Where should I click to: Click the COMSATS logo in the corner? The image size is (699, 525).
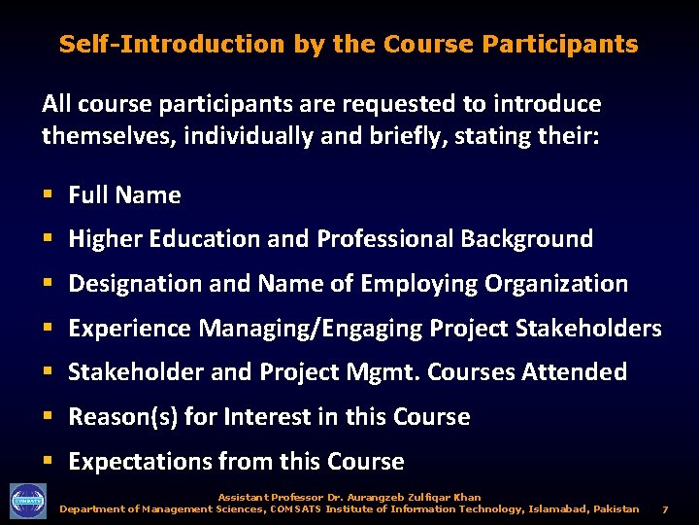(28, 500)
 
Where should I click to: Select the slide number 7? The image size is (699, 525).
(665, 508)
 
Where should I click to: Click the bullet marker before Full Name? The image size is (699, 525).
(48, 195)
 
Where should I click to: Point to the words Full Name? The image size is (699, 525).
(124, 195)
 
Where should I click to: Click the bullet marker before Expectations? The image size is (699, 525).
(48, 462)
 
